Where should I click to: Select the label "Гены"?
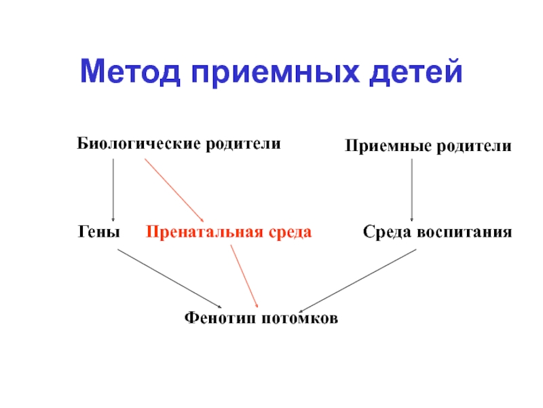[x=99, y=233]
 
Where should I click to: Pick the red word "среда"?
[x=290, y=233]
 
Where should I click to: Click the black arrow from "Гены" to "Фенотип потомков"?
[x=169, y=278]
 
